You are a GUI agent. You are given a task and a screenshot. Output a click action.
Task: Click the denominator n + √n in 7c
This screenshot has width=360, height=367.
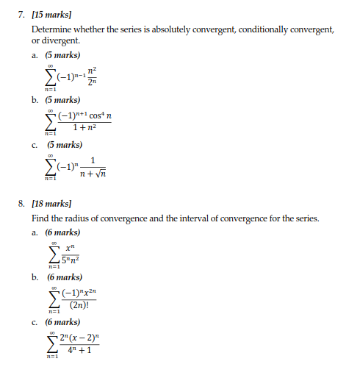(x=94, y=174)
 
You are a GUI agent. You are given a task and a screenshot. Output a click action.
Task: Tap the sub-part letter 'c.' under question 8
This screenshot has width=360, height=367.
(x=35, y=322)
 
